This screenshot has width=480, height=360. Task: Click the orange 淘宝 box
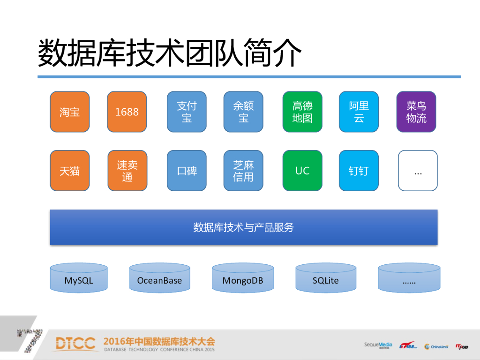tap(69, 112)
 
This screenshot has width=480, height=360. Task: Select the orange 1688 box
tap(127, 112)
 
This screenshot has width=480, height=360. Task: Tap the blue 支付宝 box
tap(187, 112)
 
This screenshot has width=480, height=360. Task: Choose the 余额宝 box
tap(243, 112)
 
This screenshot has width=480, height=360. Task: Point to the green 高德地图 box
tap(302, 112)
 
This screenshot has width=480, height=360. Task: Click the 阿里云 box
tap(359, 112)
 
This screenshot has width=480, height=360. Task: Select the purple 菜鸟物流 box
tap(416, 112)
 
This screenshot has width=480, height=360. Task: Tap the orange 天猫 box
tap(69, 171)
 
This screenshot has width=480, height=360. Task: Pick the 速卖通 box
tap(127, 171)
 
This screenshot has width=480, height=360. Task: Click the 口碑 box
tap(187, 171)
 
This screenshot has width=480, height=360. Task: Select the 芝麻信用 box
tap(243, 171)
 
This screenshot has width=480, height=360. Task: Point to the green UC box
tap(302, 171)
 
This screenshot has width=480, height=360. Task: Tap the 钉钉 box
tap(359, 171)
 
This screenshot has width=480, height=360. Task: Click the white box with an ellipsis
tap(418, 171)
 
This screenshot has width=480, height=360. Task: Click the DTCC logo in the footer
tap(75, 343)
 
